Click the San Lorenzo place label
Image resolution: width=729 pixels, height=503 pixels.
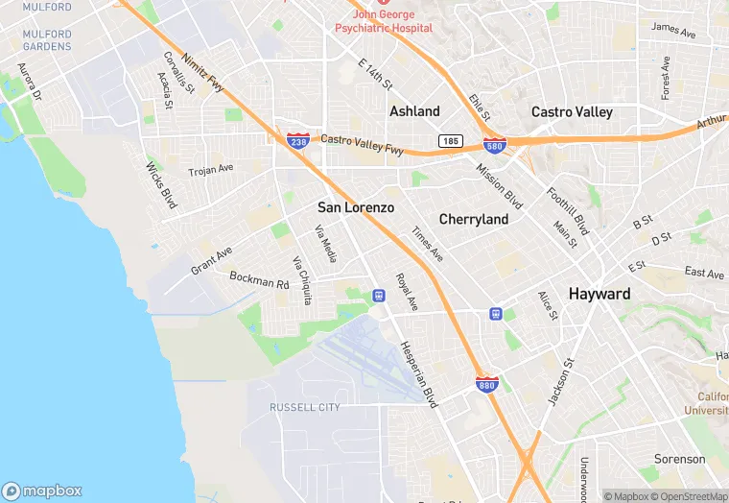coord(356,207)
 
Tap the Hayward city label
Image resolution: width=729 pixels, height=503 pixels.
coord(600,294)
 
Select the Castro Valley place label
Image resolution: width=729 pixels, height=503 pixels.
coord(572,112)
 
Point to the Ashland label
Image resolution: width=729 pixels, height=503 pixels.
coord(414,111)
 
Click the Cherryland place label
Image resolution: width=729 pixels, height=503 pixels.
coord(474,220)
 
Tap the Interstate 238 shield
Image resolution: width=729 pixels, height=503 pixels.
coord(297,139)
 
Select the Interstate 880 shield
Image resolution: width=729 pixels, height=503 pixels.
coord(487,384)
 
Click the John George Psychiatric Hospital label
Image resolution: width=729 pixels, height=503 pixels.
coord(383,21)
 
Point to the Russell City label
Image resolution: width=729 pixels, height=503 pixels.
coord(305,407)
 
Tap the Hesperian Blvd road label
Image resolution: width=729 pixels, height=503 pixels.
coord(418,374)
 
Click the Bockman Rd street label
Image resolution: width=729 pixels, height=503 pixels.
coord(259,280)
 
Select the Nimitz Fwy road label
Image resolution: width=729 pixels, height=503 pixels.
coord(201,73)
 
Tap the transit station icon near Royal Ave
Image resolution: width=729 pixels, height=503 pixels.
coord(378,295)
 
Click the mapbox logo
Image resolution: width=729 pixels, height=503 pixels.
coord(42,491)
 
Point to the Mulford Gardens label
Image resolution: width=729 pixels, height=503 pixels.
coord(47,40)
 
